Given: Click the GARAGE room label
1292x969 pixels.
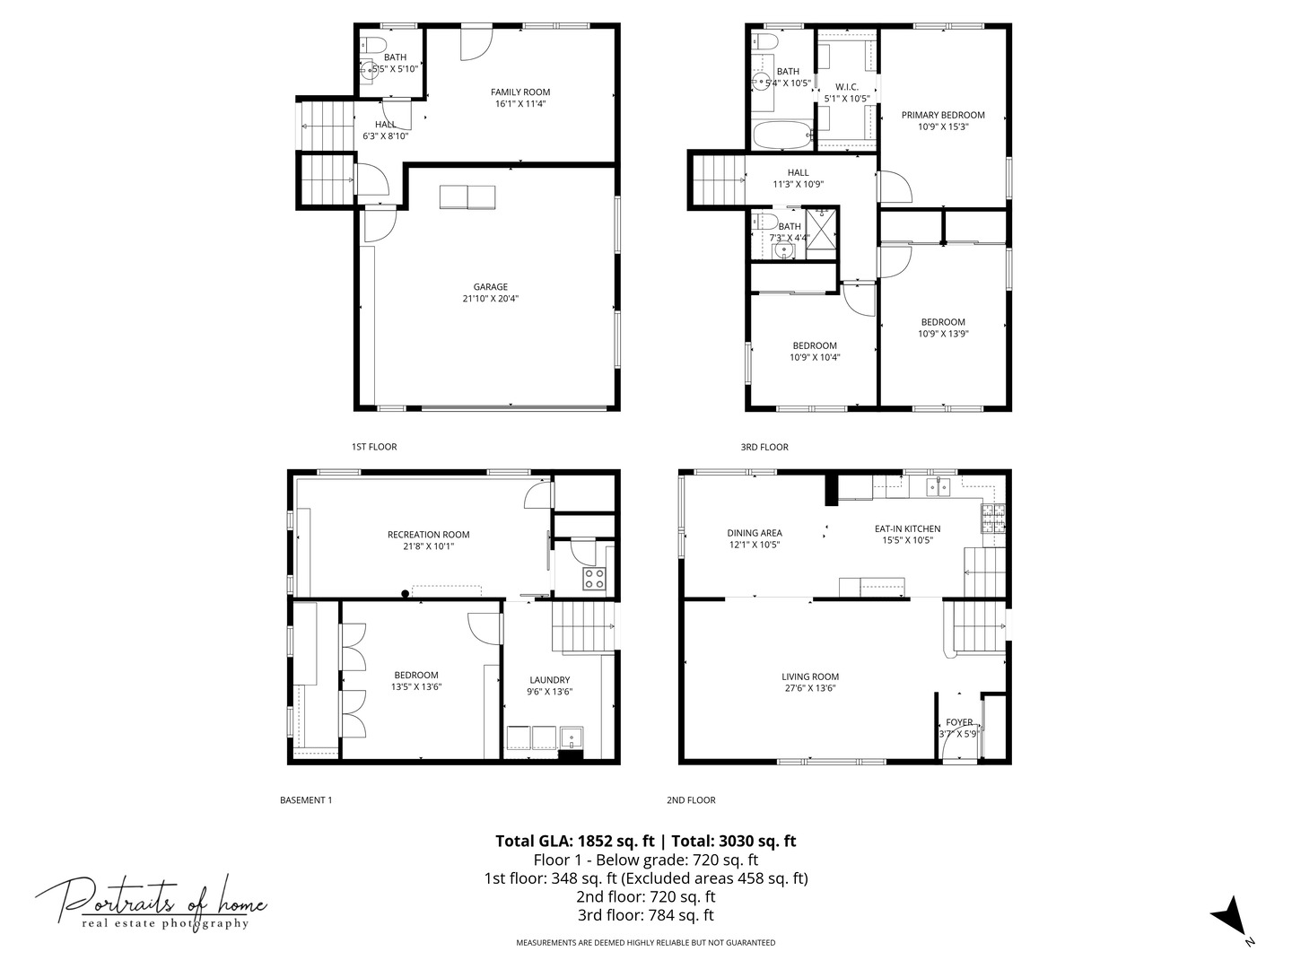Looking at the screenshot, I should click(x=491, y=287).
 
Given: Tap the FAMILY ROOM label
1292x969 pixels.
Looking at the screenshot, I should click(x=520, y=92).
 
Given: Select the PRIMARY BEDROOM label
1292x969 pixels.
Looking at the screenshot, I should click(x=943, y=115).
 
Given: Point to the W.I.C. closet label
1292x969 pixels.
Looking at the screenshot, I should click(x=847, y=87).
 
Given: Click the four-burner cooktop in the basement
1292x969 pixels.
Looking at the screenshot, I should click(x=594, y=578).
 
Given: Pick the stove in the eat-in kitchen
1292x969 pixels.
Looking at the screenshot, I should click(x=992, y=518).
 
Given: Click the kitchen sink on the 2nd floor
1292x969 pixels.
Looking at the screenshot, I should click(x=938, y=487).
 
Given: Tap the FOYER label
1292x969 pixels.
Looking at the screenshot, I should click(x=959, y=722).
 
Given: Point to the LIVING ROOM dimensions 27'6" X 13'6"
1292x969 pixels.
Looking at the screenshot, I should click(x=809, y=689).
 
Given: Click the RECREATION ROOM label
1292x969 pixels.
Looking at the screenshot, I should click(x=428, y=535).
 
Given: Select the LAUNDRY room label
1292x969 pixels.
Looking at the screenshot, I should click(x=549, y=680).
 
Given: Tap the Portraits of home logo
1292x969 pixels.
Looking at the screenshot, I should click(x=151, y=902).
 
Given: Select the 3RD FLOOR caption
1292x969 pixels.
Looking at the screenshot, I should click(x=764, y=447).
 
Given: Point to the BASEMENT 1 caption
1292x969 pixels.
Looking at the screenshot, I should click(x=306, y=800).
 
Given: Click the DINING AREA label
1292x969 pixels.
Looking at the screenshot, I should click(x=755, y=533).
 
